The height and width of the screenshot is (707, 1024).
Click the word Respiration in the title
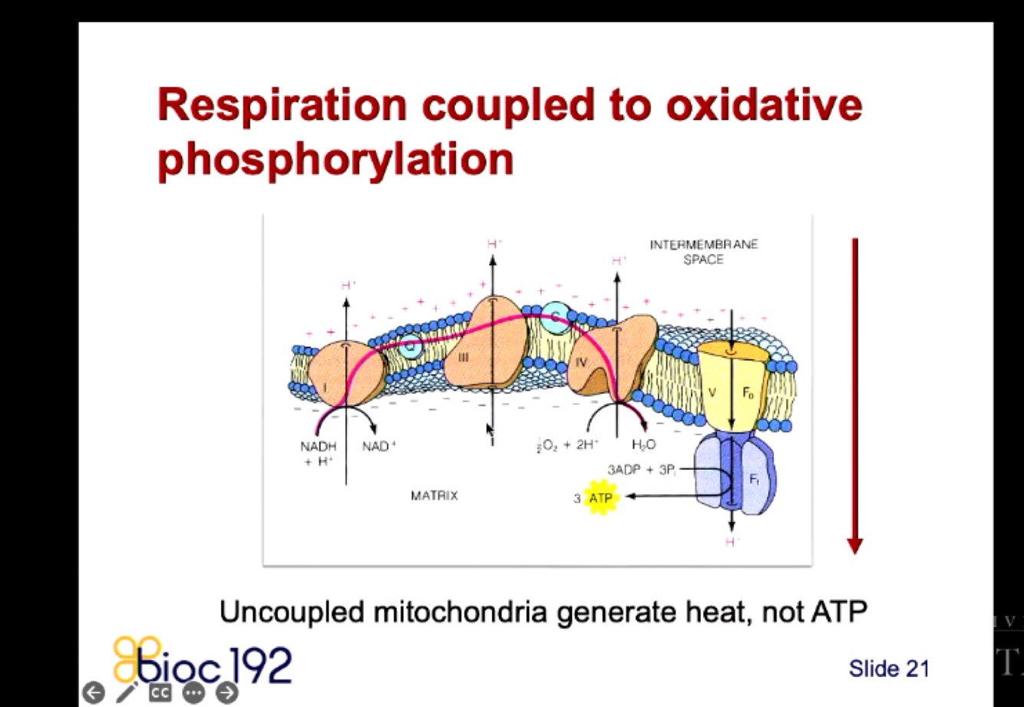pyautogui.click(x=282, y=104)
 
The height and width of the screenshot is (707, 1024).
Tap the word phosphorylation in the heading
pyautogui.click(x=335, y=158)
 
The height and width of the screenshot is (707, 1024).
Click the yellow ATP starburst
pyautogui.click(x=600, y=499)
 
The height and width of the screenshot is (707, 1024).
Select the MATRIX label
pyautogui.click(x=434, y=496)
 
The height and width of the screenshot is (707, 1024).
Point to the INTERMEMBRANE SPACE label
pyautogui.click(x=703, y=252)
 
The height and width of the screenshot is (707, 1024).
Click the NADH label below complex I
pyautogui.click(x=318, y=446)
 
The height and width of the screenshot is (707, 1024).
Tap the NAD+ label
pyautogui.click(x=379, y=446)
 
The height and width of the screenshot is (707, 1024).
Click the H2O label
pyautogui.click(x=643, y=445)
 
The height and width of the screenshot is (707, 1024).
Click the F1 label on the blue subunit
pyautogui.click(x=754, y=479)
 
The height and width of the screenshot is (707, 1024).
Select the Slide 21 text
pyautogui.click(x=888, y=669)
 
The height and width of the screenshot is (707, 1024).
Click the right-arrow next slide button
pyautogui.click(x=226, y=692)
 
